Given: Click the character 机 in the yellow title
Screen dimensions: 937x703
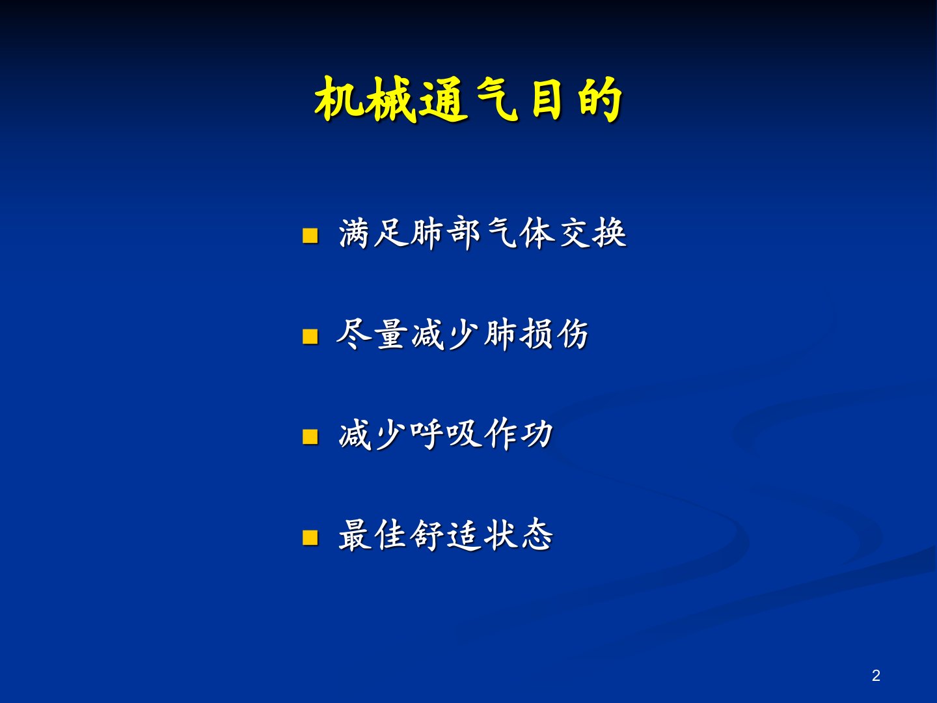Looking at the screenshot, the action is pos(339,100).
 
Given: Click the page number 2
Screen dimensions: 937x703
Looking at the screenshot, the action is pos(876,675).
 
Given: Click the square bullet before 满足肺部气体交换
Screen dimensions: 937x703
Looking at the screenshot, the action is pos(310,235).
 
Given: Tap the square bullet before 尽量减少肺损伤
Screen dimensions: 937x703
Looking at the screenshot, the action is pos(310,336).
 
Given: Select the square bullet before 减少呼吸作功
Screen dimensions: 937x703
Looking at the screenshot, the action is pos(310,437).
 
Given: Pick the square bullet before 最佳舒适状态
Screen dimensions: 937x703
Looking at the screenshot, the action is pos(310,538).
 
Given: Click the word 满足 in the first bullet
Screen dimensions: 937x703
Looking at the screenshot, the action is pos(373,233).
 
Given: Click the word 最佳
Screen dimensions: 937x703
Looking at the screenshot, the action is pos(372,535).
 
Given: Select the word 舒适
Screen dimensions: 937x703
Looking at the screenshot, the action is pos(445,535).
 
